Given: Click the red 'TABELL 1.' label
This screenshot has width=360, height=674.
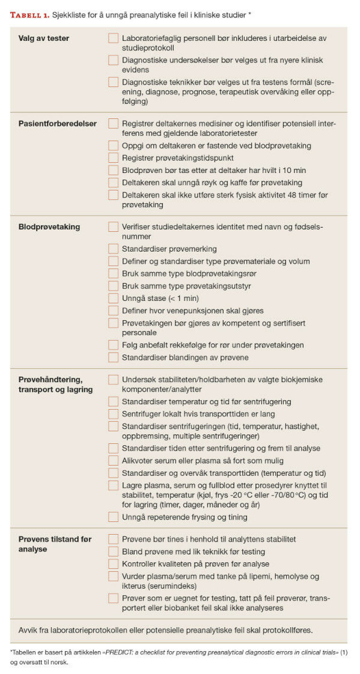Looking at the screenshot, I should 30,15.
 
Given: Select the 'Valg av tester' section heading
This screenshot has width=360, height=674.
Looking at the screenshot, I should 43,38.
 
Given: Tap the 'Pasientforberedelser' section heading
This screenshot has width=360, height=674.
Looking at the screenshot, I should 57,123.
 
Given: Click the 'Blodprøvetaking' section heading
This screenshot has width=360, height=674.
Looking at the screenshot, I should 49,227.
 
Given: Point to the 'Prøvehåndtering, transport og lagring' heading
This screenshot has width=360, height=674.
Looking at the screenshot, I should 55,384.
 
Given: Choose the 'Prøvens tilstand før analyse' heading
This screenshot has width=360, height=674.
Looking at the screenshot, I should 55,544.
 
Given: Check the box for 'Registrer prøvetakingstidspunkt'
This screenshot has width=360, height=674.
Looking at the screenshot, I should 113,158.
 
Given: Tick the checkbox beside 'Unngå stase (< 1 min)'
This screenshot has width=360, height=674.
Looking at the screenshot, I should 113,298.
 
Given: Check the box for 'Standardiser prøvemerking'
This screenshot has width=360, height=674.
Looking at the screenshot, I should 113,249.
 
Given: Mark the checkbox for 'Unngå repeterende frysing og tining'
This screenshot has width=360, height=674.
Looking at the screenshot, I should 113,517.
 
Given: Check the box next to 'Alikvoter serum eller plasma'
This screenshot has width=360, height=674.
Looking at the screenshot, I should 113,460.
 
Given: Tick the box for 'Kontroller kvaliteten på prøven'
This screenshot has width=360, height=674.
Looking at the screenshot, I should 113,564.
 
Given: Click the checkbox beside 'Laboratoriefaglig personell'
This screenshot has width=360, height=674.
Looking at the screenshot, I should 113,38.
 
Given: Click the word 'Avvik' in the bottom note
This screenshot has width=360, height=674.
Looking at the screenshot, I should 28,630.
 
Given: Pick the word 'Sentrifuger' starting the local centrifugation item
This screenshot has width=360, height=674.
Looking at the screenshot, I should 142,414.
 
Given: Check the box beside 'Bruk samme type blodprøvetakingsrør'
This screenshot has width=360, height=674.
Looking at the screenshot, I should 113,274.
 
